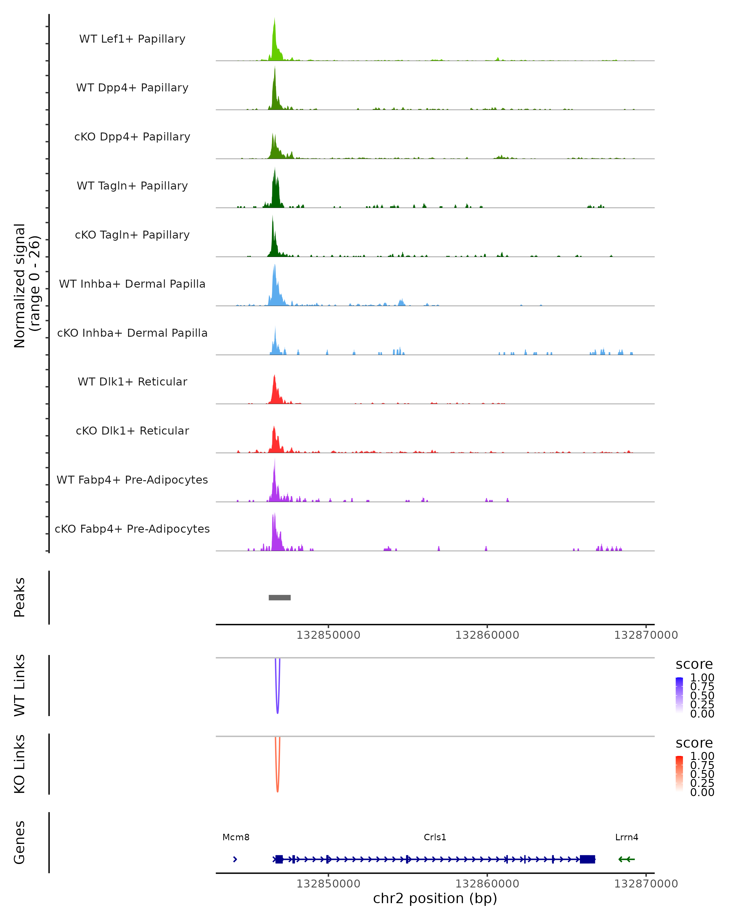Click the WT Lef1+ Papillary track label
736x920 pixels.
tap(132, 39)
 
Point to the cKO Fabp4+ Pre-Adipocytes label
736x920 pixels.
tap(132, 529)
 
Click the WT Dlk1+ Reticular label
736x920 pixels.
tap(132, 381)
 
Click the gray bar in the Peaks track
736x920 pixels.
tap(279, 597)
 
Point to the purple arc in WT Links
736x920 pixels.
tap(277, 700)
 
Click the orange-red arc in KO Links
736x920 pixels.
tap(277, 778)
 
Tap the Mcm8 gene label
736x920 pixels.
tap(236, 837)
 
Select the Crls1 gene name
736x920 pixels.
tap(435, 837)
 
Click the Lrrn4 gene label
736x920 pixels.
tap(626, 837)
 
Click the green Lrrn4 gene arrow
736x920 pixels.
tap(626, 859)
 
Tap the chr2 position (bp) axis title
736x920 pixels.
tap(435, 898)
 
